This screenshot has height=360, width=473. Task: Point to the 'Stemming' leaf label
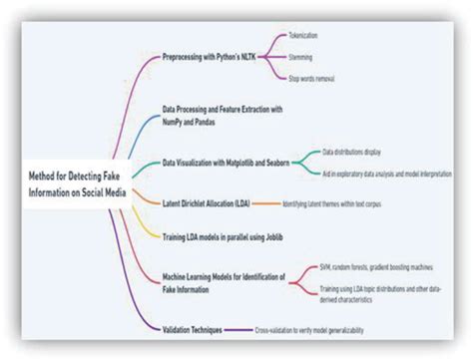click(300, 58)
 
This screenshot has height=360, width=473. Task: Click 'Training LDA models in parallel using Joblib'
click(227, 236)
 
